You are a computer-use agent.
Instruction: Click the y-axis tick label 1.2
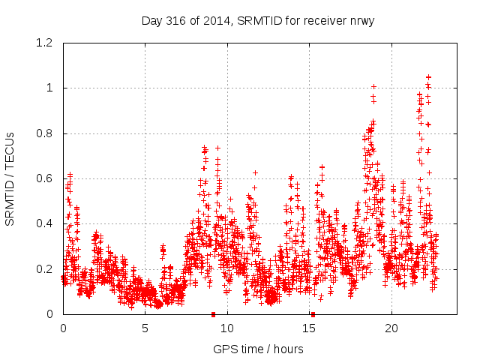46,43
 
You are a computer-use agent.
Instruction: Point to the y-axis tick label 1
49,88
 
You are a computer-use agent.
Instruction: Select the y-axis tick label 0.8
46,133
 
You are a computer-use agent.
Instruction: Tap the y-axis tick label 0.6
46,178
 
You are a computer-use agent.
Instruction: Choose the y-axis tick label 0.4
46,223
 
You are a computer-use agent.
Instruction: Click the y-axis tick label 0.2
46,268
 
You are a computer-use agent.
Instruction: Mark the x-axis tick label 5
145,328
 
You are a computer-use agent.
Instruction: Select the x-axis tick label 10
227,328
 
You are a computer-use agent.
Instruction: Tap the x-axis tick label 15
310,328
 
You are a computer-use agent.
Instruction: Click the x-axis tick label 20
391,328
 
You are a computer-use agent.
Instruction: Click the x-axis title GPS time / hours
258,349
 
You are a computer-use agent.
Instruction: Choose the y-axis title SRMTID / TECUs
10,178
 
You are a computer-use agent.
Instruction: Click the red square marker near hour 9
214,314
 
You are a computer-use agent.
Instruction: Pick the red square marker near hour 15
313,314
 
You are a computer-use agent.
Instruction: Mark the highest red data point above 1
428,76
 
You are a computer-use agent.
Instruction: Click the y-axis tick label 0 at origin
49,314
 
